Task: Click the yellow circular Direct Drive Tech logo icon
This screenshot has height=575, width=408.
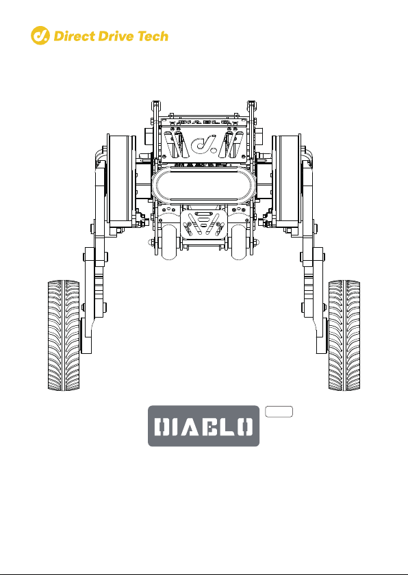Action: [x=40, y=36]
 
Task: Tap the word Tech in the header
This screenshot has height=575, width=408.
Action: [x=153, y=36]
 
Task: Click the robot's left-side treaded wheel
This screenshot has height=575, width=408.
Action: [x=64, y=335]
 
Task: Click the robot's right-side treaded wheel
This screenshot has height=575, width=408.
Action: [x=344, y=335]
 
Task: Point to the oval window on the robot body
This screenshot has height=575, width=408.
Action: [x=203, y=184]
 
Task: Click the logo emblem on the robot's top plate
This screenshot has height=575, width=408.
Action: [x=203, y=144]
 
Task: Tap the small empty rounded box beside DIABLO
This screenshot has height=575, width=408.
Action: [x=279, y=411]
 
